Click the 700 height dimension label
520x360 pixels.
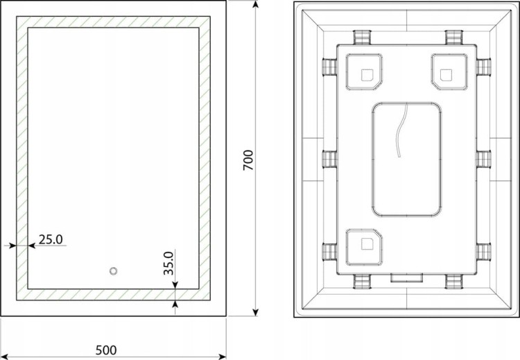click(248, 160)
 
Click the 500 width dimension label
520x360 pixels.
click(106, 350)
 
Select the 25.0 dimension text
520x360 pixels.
click(51, 239)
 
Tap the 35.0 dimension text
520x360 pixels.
click(168, 263)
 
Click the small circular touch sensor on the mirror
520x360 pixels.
click(114, 271)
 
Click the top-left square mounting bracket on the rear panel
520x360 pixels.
click(364, 72)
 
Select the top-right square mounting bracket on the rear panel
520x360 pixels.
click(449, 72)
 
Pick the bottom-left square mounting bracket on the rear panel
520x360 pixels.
click(364, 247)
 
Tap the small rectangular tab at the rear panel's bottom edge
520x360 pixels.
click(406, 277)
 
